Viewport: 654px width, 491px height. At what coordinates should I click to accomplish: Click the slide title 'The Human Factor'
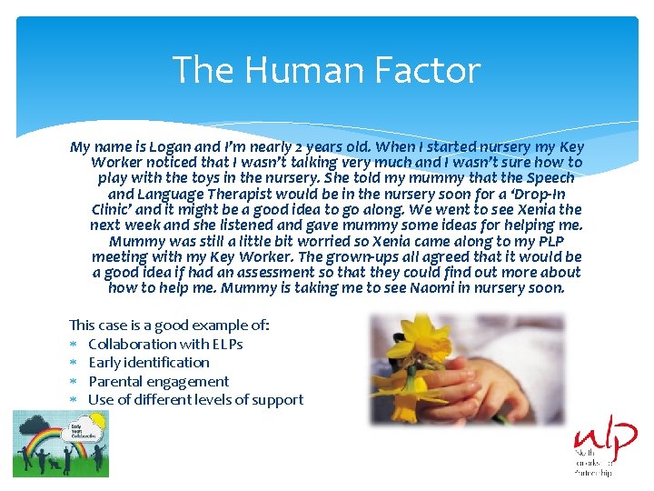coord(326,70)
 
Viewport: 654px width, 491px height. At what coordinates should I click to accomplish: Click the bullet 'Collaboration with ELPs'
coord(165,344)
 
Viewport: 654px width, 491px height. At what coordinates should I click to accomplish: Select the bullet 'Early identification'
coord(149,363)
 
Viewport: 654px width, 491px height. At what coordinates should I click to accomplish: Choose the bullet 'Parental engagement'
coord(158,382)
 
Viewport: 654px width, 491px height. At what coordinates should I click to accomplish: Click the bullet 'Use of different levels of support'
coord(195,400)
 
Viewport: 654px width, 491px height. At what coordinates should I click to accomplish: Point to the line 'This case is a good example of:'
coord(169,325)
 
